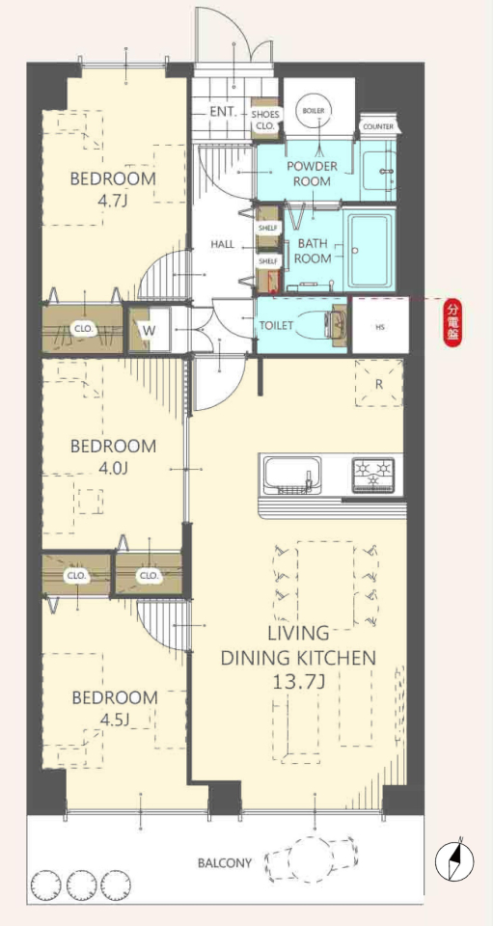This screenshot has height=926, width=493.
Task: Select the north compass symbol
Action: coord(454,859)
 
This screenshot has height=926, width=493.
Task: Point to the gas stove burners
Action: coord(373,475)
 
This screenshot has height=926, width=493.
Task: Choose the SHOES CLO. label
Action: coord(265,120)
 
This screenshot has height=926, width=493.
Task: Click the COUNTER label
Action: coord(378,126)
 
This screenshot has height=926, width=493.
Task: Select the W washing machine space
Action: coord(150,330)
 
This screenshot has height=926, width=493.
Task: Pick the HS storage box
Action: coord(380,326)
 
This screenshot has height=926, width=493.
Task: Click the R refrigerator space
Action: coord(379,383)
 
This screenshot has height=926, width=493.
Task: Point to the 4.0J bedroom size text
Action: coord(113,469)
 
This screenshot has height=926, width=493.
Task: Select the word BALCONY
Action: coord(225,863)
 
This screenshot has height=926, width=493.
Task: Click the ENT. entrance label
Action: coord(223,112)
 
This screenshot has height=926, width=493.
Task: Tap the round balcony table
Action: coord(312,859)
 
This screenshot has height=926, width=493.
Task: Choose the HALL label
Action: coord(222,244)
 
